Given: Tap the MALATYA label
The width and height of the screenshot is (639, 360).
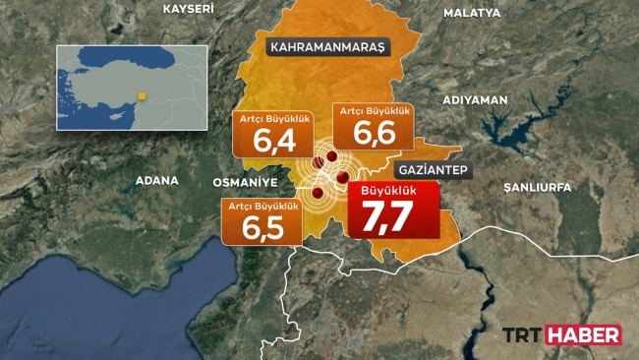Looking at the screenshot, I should click(472, 13).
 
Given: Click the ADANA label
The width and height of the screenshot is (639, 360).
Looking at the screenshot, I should click(157, 181).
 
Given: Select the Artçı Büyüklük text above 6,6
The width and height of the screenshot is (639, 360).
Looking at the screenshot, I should click(371, 111).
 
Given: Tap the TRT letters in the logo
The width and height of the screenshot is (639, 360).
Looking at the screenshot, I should click(523, 335).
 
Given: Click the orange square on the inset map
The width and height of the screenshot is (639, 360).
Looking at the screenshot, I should click(141, 95).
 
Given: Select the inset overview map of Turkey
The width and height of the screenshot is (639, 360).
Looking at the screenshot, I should click(132, 87).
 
